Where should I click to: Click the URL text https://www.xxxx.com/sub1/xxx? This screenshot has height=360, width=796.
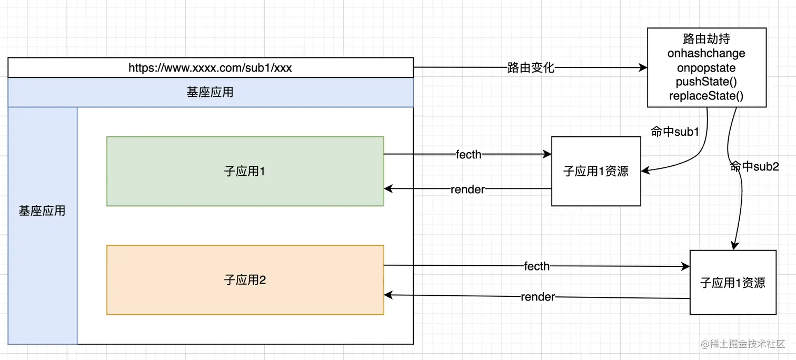point(210,68)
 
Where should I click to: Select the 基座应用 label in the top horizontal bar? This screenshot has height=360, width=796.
point(210,93)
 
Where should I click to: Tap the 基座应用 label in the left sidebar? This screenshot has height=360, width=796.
point(42,211)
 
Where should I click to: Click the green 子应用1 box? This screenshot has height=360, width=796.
point(245,171)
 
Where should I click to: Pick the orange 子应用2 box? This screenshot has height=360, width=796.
point(245,280)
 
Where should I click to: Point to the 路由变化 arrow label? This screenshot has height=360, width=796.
point(531,68)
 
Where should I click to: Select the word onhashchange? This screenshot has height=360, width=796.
point(706,54)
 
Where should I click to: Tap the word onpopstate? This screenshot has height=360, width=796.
point(706,68)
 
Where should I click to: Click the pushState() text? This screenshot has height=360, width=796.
point(706,82)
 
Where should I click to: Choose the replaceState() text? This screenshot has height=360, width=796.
point(706,96)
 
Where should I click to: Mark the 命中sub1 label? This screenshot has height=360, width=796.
point(675,132)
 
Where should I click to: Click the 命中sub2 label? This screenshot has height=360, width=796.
point(754,167)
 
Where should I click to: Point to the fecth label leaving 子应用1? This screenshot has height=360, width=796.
point(469,155)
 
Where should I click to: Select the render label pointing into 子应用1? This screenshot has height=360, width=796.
point(467,189)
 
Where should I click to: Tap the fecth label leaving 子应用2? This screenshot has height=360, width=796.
point(537,266)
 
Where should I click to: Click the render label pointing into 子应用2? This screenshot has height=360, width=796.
point(538,297)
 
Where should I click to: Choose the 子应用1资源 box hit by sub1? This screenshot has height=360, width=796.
point(596,171)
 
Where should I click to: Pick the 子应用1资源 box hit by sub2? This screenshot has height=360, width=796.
point(733,283)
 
